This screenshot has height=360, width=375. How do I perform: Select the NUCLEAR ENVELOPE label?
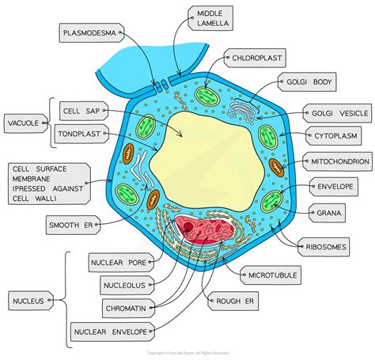click(111, 332)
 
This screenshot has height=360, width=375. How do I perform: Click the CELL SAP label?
click(82, 113)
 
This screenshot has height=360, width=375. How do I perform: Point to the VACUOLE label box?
click(25, 124)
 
